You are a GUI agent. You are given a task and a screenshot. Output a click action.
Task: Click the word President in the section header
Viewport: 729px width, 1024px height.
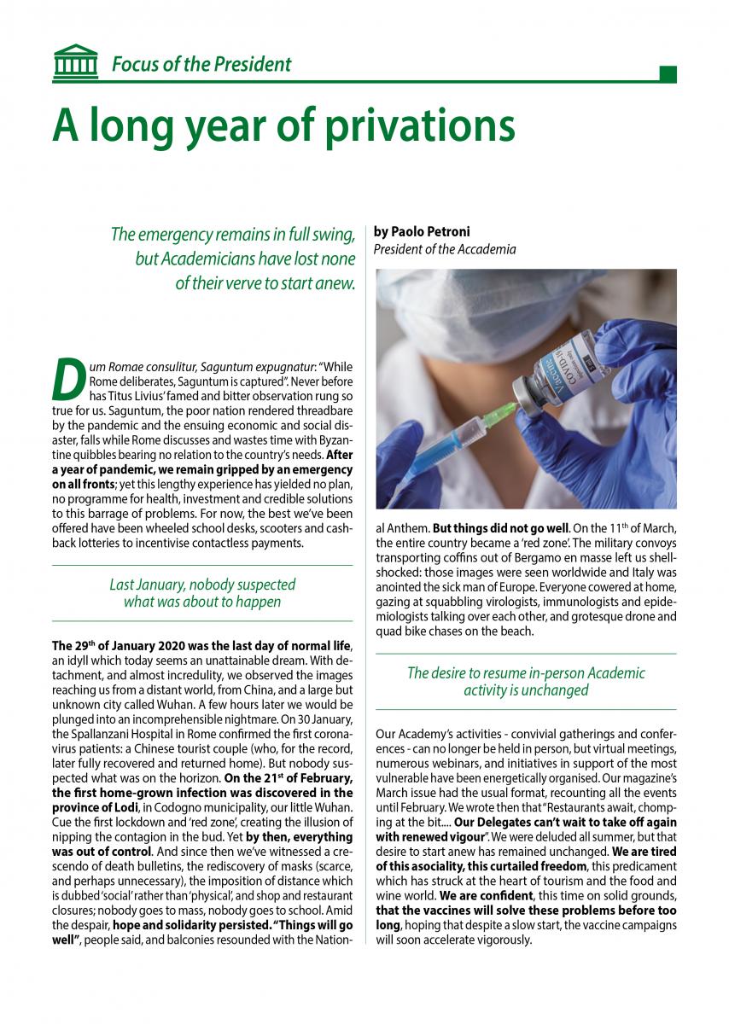pyautogui.click(x=248, y=64)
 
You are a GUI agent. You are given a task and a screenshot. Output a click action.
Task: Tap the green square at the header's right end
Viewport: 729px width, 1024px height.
pyautogui.click(x=668, y=74)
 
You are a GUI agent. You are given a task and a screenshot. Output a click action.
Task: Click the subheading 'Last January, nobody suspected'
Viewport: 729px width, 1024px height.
pyautogui.click(x=202, y=585)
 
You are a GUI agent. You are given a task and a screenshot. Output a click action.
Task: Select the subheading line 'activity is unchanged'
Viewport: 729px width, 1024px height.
pyautogui.click(x=526, y=690)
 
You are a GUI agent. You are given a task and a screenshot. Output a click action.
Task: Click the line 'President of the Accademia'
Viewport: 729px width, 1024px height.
pyautogui.click(x=445, y=249)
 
